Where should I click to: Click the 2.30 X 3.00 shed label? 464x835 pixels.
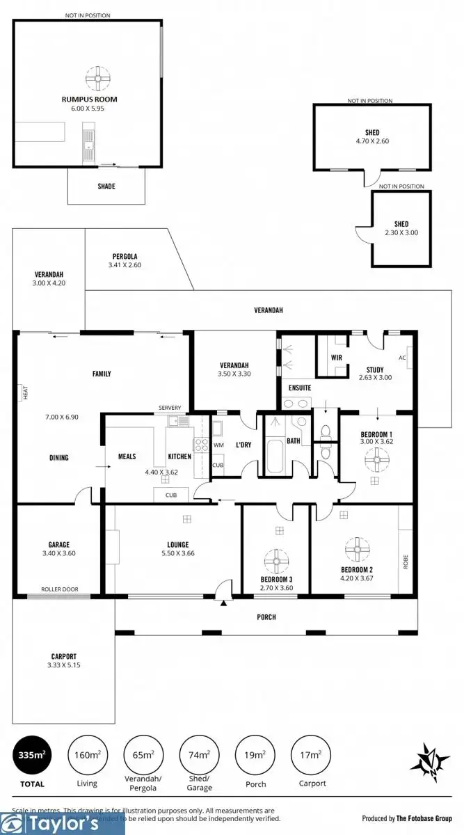tap(401, 228)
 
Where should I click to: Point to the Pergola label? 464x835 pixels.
tap(125, 256)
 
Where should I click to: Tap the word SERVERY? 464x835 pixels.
tap(170, 408)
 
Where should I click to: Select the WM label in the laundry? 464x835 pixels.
tap(218, 445)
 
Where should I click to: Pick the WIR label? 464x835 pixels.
tap(337, 358)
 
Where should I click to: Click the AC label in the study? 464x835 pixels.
tap(402, 358)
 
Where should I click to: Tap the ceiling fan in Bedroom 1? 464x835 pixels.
tap(376, 456)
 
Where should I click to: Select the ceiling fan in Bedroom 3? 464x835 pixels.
tap(276, 559)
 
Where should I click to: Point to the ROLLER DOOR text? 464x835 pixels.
tap(59, 589)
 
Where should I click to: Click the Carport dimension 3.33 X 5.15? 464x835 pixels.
tap(63, 666)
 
